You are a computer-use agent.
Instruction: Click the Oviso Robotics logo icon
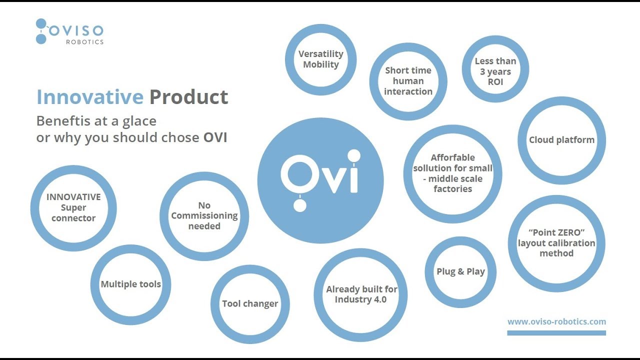[x=41, y=31]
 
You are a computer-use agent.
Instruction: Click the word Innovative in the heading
[x=90, y=97]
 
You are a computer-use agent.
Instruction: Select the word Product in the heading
[x=188, y=97]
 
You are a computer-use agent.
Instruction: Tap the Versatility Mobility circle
[x=320, y=59]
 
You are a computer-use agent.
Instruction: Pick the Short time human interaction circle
[x=408, y=81]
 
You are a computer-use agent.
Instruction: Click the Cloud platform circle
[x=561, y=140]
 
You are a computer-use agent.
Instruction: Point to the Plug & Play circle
[x=460, y=271]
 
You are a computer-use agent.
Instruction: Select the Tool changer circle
[x=250, y=303]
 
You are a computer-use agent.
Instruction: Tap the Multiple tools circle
[x=131, y=284]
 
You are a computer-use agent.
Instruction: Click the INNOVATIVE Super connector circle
[x=73, y=207]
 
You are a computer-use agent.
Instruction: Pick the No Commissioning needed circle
[x=204, y=215]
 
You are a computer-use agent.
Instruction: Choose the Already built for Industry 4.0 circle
[x=360, y=294]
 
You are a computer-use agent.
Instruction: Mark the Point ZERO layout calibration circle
[x=556, y=243]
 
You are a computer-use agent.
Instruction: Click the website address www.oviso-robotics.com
[x=556, y=322]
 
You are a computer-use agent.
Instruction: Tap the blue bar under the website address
[x=556, y=333]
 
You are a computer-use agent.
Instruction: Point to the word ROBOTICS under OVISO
[x=84, y=42]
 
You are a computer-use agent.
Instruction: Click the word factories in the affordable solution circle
[x=452, y=189]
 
